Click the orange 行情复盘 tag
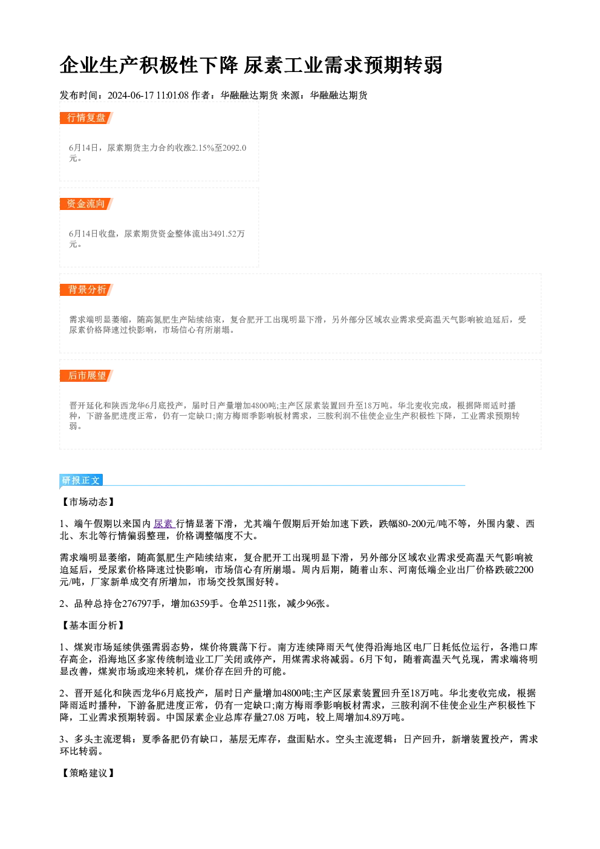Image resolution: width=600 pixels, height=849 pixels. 86,118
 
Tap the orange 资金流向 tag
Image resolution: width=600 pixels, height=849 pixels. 86,204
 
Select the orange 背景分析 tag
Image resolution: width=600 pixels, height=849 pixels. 86,290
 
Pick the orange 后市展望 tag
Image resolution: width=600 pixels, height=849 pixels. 86,376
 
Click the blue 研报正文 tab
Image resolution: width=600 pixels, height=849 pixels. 81,480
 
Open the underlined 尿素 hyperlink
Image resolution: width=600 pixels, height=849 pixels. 163,524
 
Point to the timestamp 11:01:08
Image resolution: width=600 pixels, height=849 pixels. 172,95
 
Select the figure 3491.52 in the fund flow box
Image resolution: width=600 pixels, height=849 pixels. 223,234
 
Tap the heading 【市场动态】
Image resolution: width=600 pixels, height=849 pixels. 88,502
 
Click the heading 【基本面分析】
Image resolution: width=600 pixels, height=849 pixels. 93,625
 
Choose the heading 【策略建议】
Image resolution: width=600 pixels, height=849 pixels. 88,773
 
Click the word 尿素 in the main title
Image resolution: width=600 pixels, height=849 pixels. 263,65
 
